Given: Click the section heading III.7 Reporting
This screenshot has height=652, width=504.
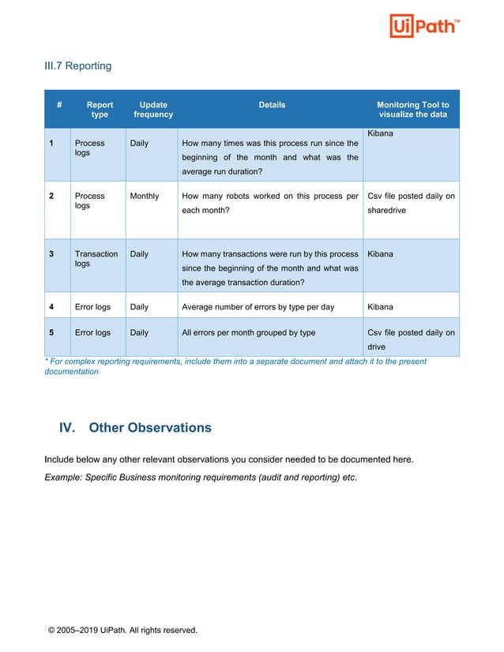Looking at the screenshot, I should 77,66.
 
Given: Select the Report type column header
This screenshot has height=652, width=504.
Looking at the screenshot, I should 100,110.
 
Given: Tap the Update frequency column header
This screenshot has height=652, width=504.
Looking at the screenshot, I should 152,110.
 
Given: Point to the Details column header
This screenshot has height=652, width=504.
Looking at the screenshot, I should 272,105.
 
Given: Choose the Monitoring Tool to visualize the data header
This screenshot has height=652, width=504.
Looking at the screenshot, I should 412,110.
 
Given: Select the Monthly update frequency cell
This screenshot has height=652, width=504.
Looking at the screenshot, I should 145,196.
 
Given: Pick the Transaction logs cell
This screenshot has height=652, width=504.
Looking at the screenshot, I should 96,259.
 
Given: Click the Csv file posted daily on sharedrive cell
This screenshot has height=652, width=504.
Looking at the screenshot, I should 411,204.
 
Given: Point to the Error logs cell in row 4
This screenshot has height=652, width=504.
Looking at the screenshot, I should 92,307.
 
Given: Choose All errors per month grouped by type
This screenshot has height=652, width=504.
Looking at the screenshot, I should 248,332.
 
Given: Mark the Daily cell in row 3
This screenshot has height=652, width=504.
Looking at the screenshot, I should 139,254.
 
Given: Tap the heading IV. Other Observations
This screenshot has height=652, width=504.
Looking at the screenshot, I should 135,428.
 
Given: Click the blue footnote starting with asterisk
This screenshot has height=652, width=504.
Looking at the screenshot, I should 235,366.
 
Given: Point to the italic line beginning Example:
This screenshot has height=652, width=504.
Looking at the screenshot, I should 200,478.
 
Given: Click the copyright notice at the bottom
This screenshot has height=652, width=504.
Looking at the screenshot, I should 122,630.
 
